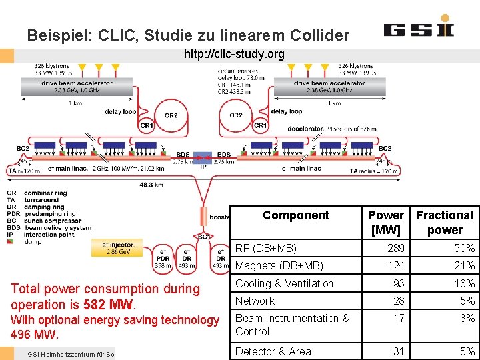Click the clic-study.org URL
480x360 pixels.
point(234,54)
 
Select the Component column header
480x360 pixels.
point(295,215)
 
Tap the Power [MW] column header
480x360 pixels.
point(386,223)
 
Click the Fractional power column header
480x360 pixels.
point(444,223)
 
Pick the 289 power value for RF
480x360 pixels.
point(396,249)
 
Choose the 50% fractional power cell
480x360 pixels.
point(464,249)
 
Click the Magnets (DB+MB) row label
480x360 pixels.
point(279,266)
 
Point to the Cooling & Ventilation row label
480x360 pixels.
point(284,283)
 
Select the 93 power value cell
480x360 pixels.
point(398,283)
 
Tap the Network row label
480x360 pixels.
point(255,301)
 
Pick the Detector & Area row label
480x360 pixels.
point(273,351)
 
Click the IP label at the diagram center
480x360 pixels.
point(203,167)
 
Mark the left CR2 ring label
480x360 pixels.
point(171,115)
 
